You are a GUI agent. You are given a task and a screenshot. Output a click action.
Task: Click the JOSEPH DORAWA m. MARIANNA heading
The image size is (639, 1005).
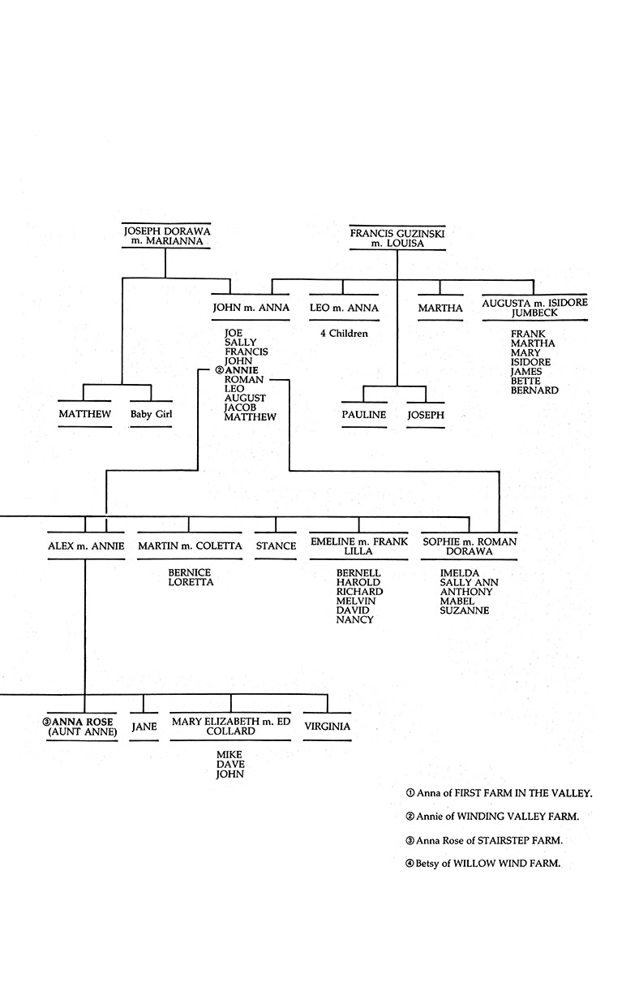(x=166, y=236)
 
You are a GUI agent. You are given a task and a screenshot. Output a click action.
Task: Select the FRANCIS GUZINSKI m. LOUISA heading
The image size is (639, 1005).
(x=397, y=237)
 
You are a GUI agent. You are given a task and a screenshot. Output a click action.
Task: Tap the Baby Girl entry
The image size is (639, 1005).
(x=152, y=415)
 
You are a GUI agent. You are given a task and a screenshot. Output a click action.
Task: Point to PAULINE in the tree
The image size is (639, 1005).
(x=364, y=415)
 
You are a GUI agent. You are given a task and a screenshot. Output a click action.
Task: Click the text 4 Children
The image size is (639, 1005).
(x=343, y=333)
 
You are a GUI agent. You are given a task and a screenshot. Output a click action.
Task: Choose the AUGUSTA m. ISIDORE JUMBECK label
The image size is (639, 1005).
(x=534, y=308)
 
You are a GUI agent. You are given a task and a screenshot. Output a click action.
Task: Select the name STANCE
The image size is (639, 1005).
(x=276, y=546)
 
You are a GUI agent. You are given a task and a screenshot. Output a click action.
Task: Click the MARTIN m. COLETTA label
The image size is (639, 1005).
(x=190, y=546)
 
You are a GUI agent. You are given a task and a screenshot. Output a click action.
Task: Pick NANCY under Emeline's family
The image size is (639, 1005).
(x=355, y=619)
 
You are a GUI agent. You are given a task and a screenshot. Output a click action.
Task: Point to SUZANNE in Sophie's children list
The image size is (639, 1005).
(x=465, y=610)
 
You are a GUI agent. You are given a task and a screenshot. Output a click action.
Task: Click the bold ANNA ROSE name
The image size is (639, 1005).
(x=83, y=721)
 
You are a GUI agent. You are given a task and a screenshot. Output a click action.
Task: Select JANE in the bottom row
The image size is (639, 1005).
(x=144, y=727)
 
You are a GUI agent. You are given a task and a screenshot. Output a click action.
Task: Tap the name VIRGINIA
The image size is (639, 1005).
(x=328, y=727)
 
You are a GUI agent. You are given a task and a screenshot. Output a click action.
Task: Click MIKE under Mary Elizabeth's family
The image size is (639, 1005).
(x=229, y=755)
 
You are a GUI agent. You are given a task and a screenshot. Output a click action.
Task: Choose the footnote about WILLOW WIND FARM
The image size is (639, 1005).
(x=482, y=864)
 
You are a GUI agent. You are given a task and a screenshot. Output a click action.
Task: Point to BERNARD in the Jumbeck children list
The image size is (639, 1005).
(x=534, y=390)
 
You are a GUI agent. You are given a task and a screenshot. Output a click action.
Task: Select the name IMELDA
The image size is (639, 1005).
(x=460, y=573)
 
